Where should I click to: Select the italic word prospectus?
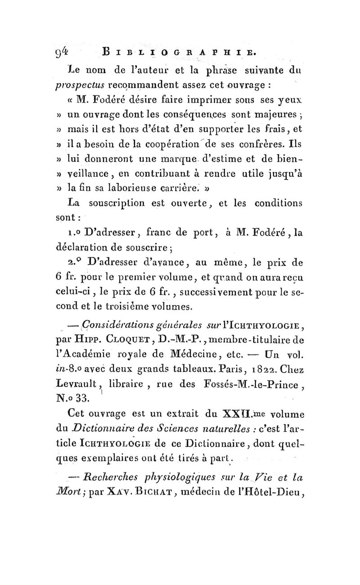point(81,85)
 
